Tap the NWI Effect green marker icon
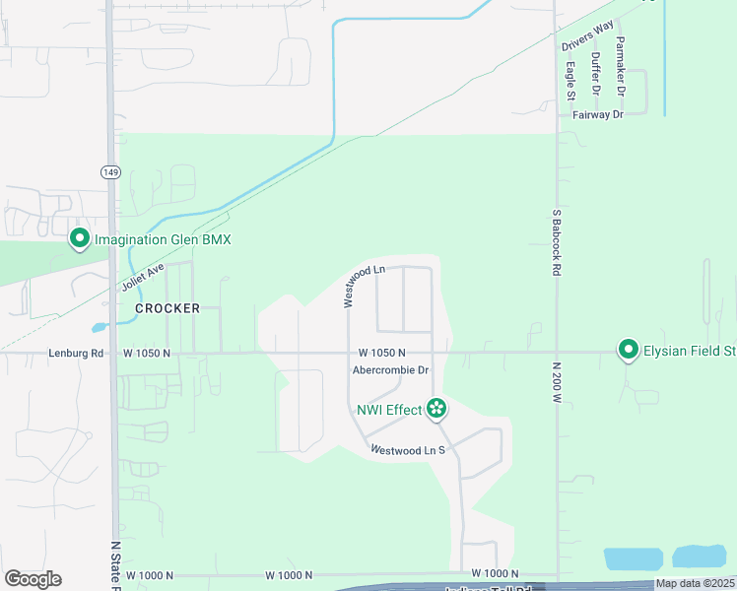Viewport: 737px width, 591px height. tap(436, 409)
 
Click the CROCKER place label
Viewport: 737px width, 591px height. tap(167, 308)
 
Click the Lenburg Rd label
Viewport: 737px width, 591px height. tap(76, 353)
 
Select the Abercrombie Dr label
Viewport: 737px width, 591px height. tap(391, 370)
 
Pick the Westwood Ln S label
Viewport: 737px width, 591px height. tap(408, 450)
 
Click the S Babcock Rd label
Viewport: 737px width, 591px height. tap(557, 240)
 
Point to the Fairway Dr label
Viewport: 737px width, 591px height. tap(598, 114)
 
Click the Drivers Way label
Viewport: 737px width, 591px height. tap(587, 34)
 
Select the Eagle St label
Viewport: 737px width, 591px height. tap(570, 81)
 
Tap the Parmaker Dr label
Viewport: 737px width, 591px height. tap(621, 66)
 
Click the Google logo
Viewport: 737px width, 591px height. tap(33, 579)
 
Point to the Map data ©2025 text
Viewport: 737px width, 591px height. tap(695, 583)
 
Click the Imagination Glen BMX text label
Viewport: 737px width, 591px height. tap(162, 239)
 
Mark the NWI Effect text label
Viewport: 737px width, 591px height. tap(389, 409)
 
